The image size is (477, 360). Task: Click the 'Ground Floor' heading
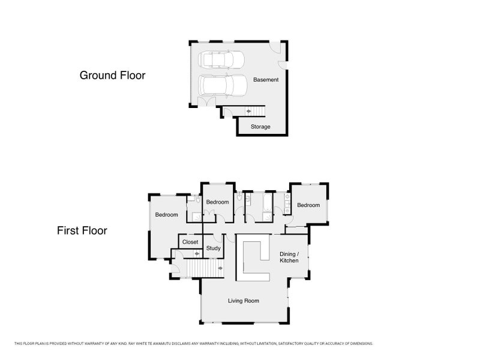(112, 75)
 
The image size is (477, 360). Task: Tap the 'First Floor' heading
(82, 230)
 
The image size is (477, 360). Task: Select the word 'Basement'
(266, 80)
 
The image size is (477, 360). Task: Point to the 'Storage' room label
(260, 127)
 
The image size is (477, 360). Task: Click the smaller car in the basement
(221, 60)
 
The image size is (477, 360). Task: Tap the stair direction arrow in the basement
(248, 112)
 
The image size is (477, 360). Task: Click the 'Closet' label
(190, 242)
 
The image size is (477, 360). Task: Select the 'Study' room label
(213, 248)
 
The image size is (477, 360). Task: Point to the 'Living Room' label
(244, 301)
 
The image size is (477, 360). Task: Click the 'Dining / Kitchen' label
(289, 257)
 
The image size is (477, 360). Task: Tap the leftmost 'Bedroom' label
(166, 215)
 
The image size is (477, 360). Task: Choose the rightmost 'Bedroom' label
(308, 205)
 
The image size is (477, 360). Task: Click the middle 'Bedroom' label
(217, 202)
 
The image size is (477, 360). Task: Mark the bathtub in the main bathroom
(268, 202)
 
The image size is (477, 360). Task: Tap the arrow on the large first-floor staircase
(220, 268)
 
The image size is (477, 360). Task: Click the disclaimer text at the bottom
(193, 344)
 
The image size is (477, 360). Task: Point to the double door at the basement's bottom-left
(206, 101)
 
